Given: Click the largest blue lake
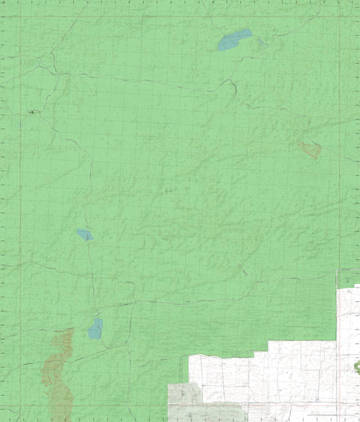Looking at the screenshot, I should point(234,40).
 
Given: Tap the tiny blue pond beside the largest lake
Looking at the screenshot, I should point(262,43).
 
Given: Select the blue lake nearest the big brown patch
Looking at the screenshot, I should point(95,329).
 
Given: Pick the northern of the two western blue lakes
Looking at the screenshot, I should point(85,234).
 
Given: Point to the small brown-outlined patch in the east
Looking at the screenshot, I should point(310,149).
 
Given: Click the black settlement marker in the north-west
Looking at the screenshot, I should point(31,113).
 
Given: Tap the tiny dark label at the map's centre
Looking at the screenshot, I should point(169,191).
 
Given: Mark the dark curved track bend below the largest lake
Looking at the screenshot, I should point(233,88).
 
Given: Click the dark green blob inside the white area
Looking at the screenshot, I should point(356,366).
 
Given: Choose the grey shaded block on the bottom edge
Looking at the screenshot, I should point(202,402).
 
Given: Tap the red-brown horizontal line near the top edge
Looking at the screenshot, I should point(180,16).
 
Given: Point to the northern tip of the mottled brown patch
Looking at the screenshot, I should point(70,330).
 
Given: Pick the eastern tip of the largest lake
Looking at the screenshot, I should point(251,32).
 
